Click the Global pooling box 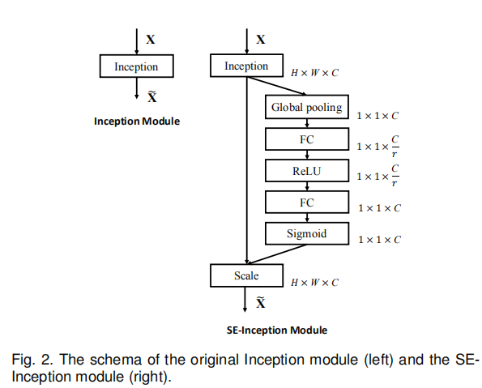(x=307, y=107)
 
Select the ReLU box (x=307, y=171)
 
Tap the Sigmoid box (x=307, y=233)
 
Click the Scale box (x=246, y=275)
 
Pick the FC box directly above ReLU (x=307, y=139)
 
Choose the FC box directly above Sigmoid (x=307, y=202)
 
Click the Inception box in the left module (x=136, y=66)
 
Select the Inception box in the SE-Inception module (x=246, y=66)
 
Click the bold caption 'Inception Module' (x=137, y=122)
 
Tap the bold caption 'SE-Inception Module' (x=277, y=330)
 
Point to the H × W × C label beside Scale (x=314, y=283)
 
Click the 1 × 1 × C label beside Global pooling (x=377, y=116)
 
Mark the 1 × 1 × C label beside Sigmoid (x=379, y=240)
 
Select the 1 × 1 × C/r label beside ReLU (x=377, y=176)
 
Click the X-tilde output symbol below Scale (x=261, y=303)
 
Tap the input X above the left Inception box (x=151, y=40)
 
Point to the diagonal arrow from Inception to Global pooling (x=277, y=86)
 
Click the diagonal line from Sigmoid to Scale (x=277, y=254)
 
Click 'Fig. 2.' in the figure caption (x=31, y=360)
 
